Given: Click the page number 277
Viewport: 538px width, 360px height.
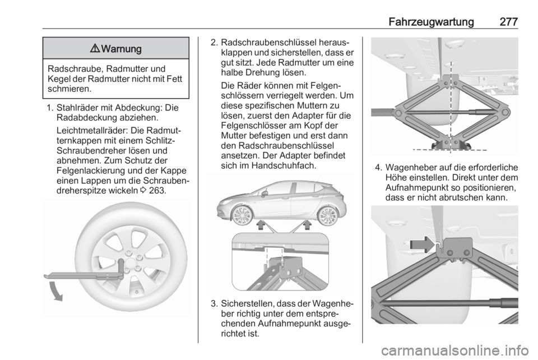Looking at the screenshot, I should pyautogui.click(x=507, y=21).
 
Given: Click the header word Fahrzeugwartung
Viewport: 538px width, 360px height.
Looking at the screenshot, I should pyautogui.click(x=430, y=21).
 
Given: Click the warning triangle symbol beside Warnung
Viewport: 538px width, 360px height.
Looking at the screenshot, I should pyautogui.click(x=93, y=49).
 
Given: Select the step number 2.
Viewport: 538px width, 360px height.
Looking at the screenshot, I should pyautogui.click(x=213, y=43).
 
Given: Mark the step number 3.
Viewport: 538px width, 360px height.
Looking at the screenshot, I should pyautogui.click(x=213, y=304).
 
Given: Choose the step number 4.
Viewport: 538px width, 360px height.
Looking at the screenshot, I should pyautogui.click(x=377, y=168).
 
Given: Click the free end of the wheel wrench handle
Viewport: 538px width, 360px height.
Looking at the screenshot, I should pyautogui.click(x=46, y=274).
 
